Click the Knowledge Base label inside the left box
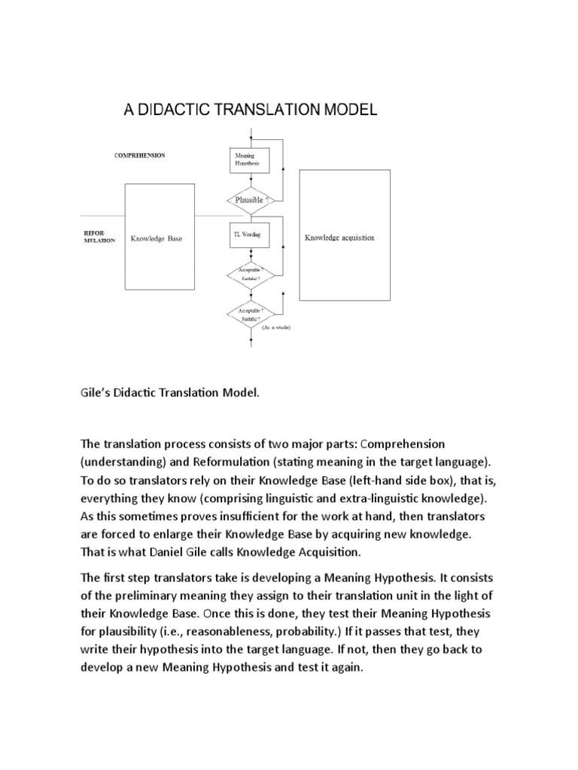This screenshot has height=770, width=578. pos(157,239)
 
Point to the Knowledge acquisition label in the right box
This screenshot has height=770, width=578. pos(339,238)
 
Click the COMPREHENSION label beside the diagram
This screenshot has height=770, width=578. pos(139,156)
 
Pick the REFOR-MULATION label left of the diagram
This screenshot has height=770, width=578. pos(99,238)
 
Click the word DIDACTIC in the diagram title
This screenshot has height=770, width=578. pos(174,111)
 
